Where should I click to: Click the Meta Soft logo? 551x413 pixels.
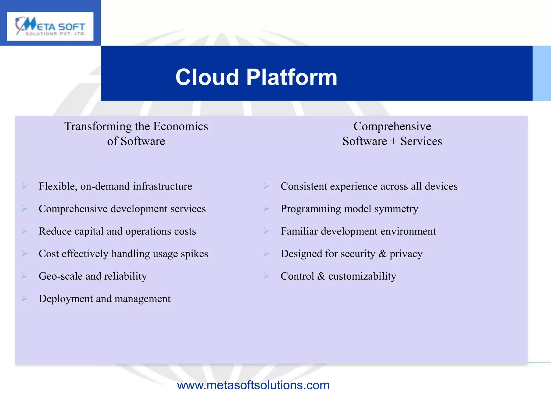[x=50, y=26]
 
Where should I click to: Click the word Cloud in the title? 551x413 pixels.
[x=207, y=77]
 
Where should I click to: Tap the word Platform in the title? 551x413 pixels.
[x=292, y=77]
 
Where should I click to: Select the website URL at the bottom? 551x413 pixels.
[x=253, y=385]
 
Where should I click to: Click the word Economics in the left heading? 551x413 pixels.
[x=181, y=126]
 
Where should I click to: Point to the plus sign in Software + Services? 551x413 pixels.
[x=393, y=141]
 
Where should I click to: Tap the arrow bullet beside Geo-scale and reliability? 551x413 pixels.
[x=24, y=276]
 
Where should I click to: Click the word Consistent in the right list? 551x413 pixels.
[x=304, y=186]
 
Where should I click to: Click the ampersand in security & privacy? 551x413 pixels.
[x=382, y=254]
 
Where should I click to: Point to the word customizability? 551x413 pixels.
[x=362, y=276]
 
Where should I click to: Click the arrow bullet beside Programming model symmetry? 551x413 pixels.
[x=266, y=208]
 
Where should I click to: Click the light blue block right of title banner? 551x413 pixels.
[x=542, y=73]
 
